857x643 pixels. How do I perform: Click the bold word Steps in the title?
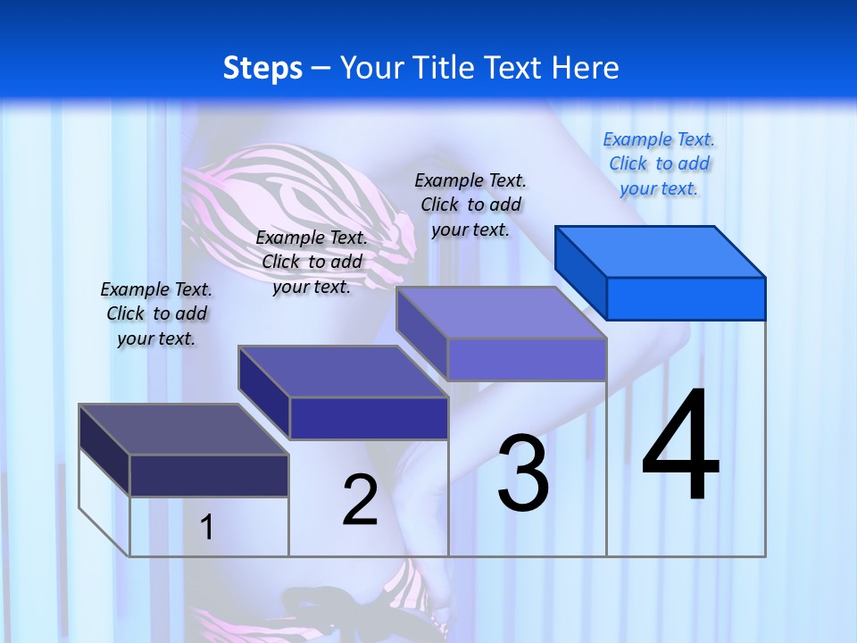tap(262, 68)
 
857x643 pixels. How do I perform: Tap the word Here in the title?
tap(584, 68)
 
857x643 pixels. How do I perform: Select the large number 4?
tap(680, 447)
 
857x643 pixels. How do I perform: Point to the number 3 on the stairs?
tap(523, 473)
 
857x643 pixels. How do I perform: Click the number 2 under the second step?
tap(360, 500)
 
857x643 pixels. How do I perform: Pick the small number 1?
tap(206, 527)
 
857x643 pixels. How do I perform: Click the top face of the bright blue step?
tap(661, 251)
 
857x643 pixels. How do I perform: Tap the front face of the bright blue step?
tap(686, 298)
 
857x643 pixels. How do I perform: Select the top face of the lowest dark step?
tap(183, 430)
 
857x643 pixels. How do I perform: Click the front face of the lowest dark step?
tap(209, 475)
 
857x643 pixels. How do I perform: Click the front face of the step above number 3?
tap(527, 359)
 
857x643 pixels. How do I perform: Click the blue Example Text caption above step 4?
tap(659, 163)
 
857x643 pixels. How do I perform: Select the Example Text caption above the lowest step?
tap(156, 313)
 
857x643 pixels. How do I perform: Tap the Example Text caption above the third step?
tap(470, 205)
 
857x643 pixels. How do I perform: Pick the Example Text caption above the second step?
tap(312, 262)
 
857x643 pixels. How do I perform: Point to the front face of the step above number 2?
tap(369, 418)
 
